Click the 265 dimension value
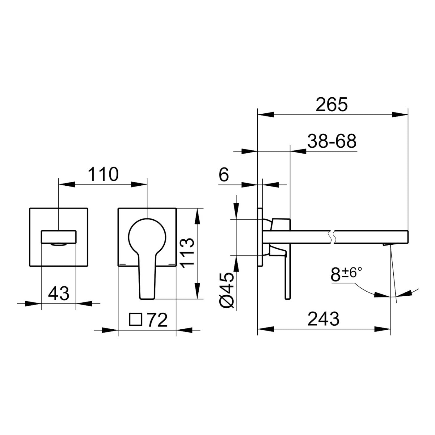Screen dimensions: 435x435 [x=332, y=104]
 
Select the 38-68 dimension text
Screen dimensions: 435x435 [x=332, y=141]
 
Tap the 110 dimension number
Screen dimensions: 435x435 [x=103, y=174]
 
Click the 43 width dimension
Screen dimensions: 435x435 [x=58, y=293]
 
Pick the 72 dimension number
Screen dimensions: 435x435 [x=158, y=320]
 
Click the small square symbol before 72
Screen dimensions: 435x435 [x=136, y=319]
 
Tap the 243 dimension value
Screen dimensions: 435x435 [x=323, y=319]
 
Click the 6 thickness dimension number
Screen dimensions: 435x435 [x=224, y=175]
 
